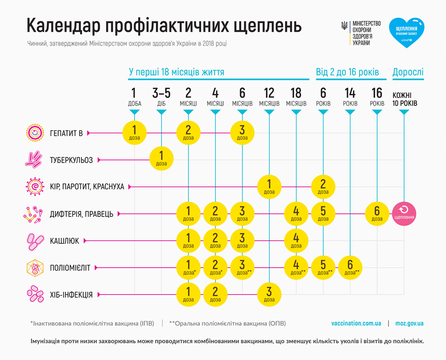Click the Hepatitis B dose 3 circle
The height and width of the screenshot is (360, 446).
[242, 133]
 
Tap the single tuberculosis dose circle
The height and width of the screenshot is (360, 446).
[162, 159]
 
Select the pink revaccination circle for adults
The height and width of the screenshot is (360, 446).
[404, 213]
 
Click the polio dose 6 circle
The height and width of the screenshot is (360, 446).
[350, 267]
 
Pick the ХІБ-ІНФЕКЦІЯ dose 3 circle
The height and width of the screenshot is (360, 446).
[269, 294]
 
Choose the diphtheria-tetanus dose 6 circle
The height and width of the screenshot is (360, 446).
[377, 213]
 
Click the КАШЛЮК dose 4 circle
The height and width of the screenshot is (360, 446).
[296, 240]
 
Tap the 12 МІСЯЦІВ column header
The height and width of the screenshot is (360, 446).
[269, 97]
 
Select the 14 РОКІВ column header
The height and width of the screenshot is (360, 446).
[350, 97]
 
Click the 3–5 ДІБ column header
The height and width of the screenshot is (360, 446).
[162, 97]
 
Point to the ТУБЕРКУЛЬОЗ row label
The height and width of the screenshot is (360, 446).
[71, 160]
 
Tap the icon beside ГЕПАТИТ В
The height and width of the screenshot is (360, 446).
[34, 133]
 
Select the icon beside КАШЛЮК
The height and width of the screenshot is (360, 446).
[34, 240]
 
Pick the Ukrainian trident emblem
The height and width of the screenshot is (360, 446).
[344, 26]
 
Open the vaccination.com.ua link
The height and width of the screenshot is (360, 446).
[356, 324]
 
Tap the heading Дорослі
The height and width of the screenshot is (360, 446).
[408, 72]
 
